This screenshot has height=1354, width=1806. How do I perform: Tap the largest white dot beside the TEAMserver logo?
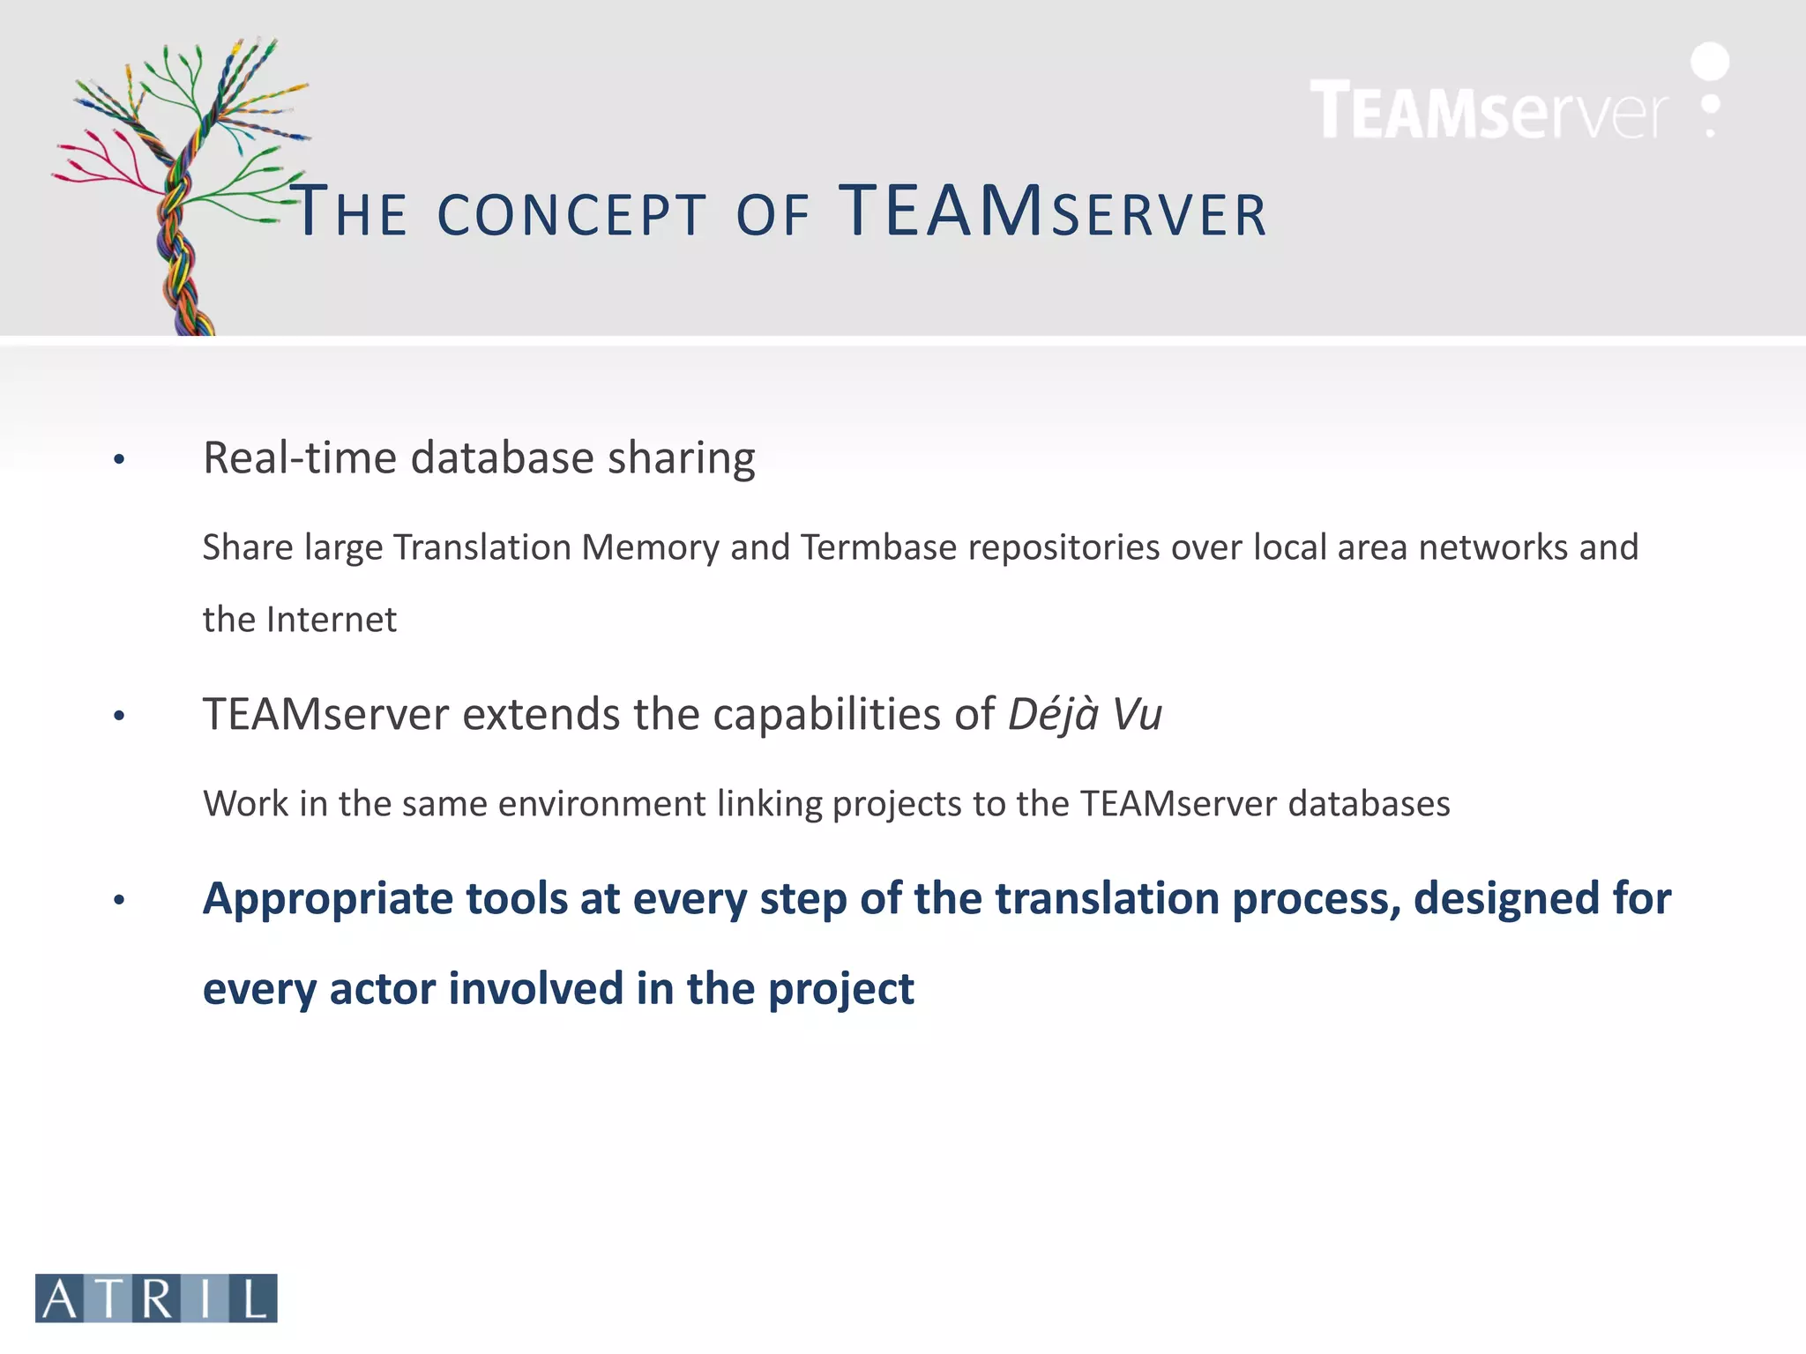point(1710,62)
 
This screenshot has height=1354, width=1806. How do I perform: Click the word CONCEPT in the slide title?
point(571,215)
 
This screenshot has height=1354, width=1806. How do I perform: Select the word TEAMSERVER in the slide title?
point(1053,212)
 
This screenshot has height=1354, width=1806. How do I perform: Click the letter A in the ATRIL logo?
point(60,1298)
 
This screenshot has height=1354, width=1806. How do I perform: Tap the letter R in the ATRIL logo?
point(157,1298)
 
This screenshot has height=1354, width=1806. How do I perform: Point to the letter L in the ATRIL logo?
point(254,1298)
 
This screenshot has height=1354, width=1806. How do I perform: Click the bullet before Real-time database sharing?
point(119,459)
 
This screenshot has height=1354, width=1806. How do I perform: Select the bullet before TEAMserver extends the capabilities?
point(119,716)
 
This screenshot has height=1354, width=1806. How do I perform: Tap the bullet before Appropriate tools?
point(119,900)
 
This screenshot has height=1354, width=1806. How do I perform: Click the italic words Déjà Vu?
point(1085,714)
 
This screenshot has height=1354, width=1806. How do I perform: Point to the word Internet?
point(331,620)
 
